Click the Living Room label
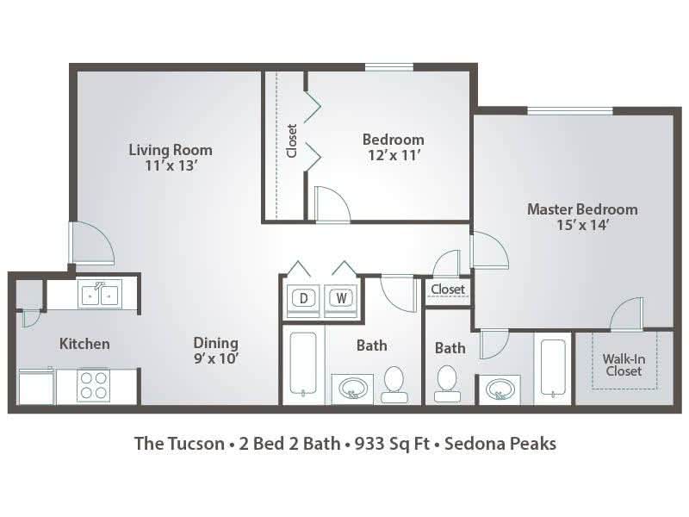tap(170, 150)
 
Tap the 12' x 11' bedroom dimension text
tap(393, 155)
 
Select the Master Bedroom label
tap(582, 209)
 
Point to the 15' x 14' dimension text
tap(582, 226)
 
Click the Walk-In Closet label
tap(622, 364)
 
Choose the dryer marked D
tap(304, 298)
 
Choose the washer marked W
tap(341, 298)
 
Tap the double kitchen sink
tap(100, 295)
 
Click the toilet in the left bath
tap(394, 383)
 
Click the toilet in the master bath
tap(447, 383)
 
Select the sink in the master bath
tap(498, 389)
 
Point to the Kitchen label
tap(84, 344)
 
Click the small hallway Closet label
tap(448, 290)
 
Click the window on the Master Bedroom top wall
tap(569, 110)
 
